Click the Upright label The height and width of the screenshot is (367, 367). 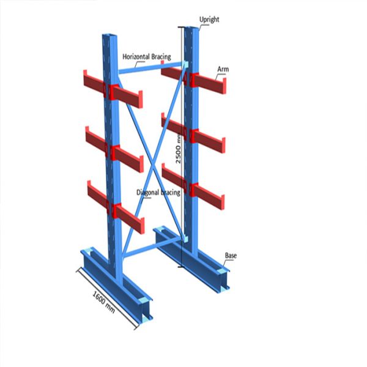pyautogui.click(x=209, y=20)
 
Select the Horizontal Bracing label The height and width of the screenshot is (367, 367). pyautogui.click(x=147, y=56)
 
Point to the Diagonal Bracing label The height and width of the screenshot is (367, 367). pyautogui.click(x=158, y=193)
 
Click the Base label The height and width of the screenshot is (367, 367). pyautogui.click(x=231, y=254)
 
